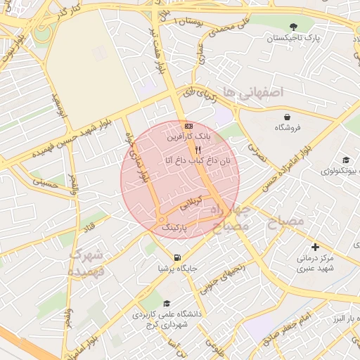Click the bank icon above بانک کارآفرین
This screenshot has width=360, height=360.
pyautogui.click(x=188, y=126)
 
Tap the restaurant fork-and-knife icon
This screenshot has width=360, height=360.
pyautogui.click(x=198, y=150)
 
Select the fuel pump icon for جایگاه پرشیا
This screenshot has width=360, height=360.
pyautogui.click(x=177, y=257)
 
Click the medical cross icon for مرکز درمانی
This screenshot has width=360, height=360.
pyautogui.click(x=315, y=247)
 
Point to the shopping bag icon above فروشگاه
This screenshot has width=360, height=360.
pyautogui.click(x=287, y=117)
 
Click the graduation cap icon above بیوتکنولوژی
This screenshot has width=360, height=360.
pyautogui.click(x=345, y=160)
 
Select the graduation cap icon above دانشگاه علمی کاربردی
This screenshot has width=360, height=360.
pyautogui.click(x=167, y=304)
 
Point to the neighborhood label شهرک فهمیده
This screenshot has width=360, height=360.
pyautogui.click(x=87, y=262)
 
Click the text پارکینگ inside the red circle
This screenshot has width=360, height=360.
pyautogui.click(x=175, y=228)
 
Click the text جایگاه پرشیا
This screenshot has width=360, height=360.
pyautogui.click(x=179, y=268)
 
